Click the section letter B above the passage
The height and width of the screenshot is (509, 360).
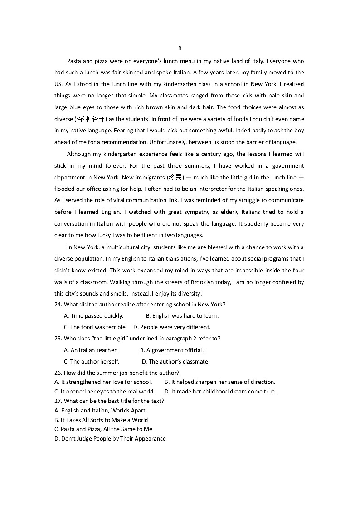pyautogui.click(x=180, y=48)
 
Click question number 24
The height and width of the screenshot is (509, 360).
pyautogui.click(x=58, y=305)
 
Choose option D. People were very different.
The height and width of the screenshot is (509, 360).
pyautogui.click(x=172, y=327)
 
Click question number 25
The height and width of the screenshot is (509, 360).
pyautogui.click(x=58, y=339)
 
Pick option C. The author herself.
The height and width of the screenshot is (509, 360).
pyautogui.click(x=92, y=362)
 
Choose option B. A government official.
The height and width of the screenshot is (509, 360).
pyautogui.click(x=172, y=350)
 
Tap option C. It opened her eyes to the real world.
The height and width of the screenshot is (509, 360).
pyautogui.click(x=105, y=392)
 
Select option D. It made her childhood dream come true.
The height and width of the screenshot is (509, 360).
pyautogui.click(x=220, y=392)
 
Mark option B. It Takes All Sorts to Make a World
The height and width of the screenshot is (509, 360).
pyautogui.click(x=101, y=420)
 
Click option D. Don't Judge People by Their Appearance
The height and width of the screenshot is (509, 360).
pyautogui.click(x=110, y=439)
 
